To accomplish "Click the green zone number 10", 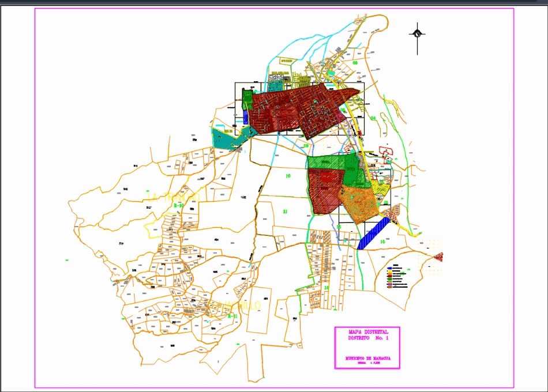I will [x=288, y=175].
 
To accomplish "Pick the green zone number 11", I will [x=285, y=212].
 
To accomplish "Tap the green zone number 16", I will [x=382, y=242].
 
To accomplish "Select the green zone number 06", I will [x=355, y=63].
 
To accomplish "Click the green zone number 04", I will [x=373, y=118].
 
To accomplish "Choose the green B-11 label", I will [x=232, y=316].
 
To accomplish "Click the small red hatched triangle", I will [x=439, y=255].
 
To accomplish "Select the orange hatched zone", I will [x=359, y=205].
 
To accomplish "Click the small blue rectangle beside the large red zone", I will [x=246, y=117].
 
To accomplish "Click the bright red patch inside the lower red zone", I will [x=327, y=176].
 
